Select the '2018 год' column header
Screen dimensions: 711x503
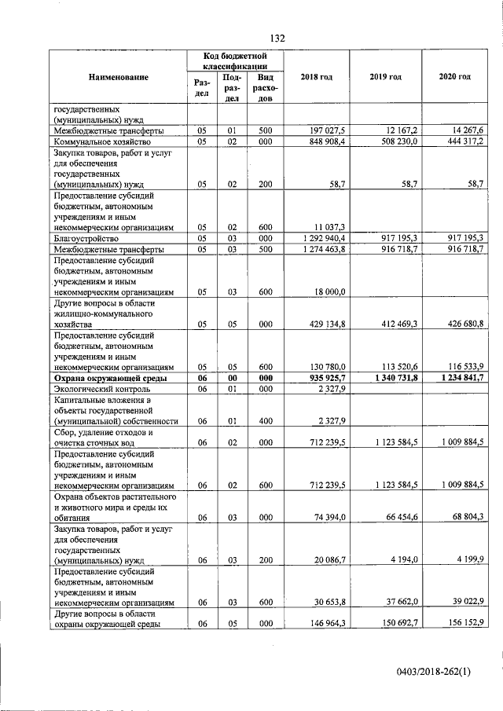(317, 77)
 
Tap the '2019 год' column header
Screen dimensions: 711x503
(385, 77)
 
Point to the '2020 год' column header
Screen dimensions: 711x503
(454, 77)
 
